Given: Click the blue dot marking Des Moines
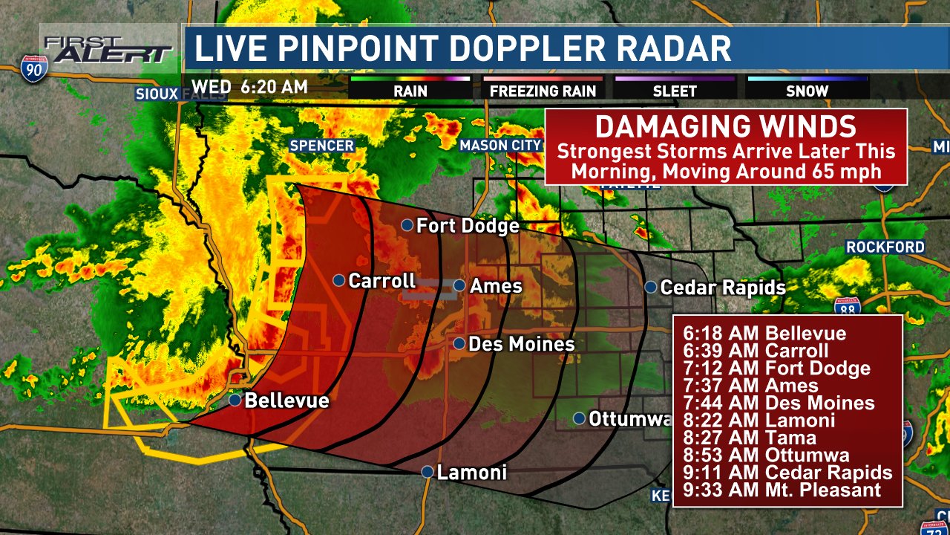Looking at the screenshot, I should coord(459,343).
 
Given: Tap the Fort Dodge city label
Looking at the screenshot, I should coord(468,225).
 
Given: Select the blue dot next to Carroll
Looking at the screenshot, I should coord(338,280).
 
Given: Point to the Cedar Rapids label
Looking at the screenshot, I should coord(722,288).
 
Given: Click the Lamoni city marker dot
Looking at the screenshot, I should coord(427,471).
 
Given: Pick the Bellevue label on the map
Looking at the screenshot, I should coord(286,401).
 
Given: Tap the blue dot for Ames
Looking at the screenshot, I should coord(459,285).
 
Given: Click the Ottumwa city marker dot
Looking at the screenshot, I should coord(579,418).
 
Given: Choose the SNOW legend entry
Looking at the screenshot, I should coord(807,91).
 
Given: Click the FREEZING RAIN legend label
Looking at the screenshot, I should coord(543,91).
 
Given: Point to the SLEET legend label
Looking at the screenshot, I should coord(675,91).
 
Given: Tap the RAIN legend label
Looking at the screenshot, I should coord(410,91).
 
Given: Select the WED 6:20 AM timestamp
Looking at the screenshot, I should coord(249,86).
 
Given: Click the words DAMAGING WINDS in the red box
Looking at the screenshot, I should coord(726,126).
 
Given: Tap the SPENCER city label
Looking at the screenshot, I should coord(321,146).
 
